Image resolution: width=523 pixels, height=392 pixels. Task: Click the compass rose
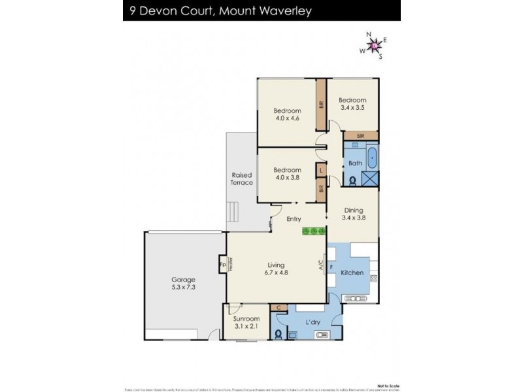[373, 45]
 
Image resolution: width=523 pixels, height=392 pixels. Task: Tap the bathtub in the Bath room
[371, 158]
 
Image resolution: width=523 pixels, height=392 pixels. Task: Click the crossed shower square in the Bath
[371, 179]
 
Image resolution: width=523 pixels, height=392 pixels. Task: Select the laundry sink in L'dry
[322, 335]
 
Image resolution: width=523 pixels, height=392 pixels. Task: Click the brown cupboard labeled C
[278, 307]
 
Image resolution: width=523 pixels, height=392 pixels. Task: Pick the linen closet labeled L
[320, 170]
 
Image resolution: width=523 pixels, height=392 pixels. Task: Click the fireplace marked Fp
[223, 266]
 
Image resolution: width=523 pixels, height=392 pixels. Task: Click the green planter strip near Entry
[314, 231]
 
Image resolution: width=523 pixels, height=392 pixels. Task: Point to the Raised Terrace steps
[232, 212]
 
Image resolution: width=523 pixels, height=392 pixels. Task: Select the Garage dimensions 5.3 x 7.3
[183, 286]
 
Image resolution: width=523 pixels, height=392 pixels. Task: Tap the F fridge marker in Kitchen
[331, 267]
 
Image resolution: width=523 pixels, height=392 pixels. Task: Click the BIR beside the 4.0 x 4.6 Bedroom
[321, 104]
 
